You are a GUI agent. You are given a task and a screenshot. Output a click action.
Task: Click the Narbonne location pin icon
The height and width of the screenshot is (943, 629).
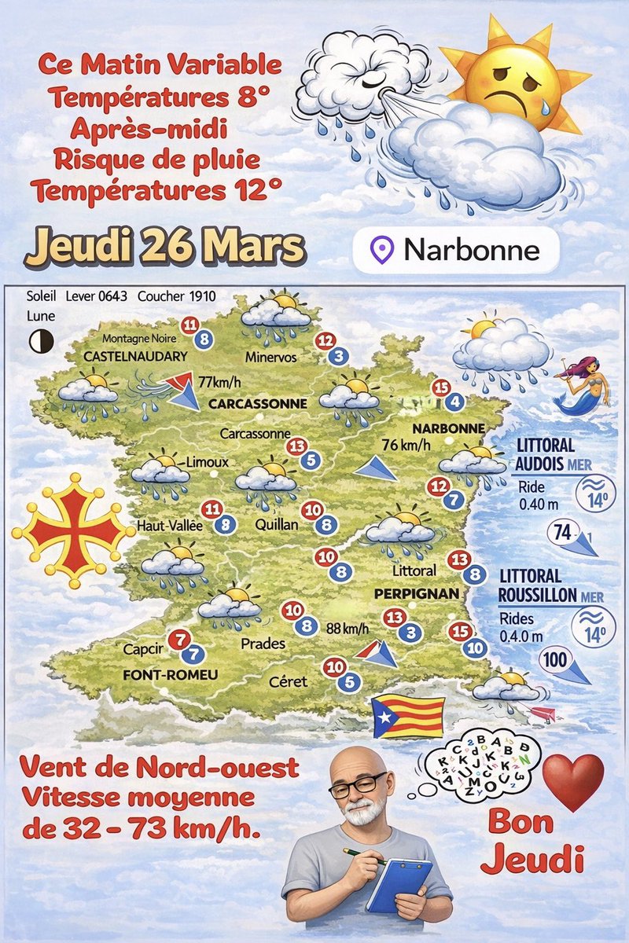pos(383,250)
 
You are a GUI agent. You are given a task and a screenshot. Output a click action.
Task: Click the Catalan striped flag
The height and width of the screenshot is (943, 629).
pos(408,716)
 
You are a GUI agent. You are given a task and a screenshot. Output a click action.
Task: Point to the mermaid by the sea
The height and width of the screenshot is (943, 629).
pos(580,384)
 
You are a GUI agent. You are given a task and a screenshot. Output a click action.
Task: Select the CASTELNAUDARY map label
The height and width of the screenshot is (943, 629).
pos(135,356)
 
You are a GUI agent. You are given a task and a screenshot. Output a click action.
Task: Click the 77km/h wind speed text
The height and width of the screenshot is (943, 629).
pos(220,383)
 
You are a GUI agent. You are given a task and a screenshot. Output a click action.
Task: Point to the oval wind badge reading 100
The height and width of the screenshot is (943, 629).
pos(555,661)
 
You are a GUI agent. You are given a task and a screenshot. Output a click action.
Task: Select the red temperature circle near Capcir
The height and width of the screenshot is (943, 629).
pos(180,638)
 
